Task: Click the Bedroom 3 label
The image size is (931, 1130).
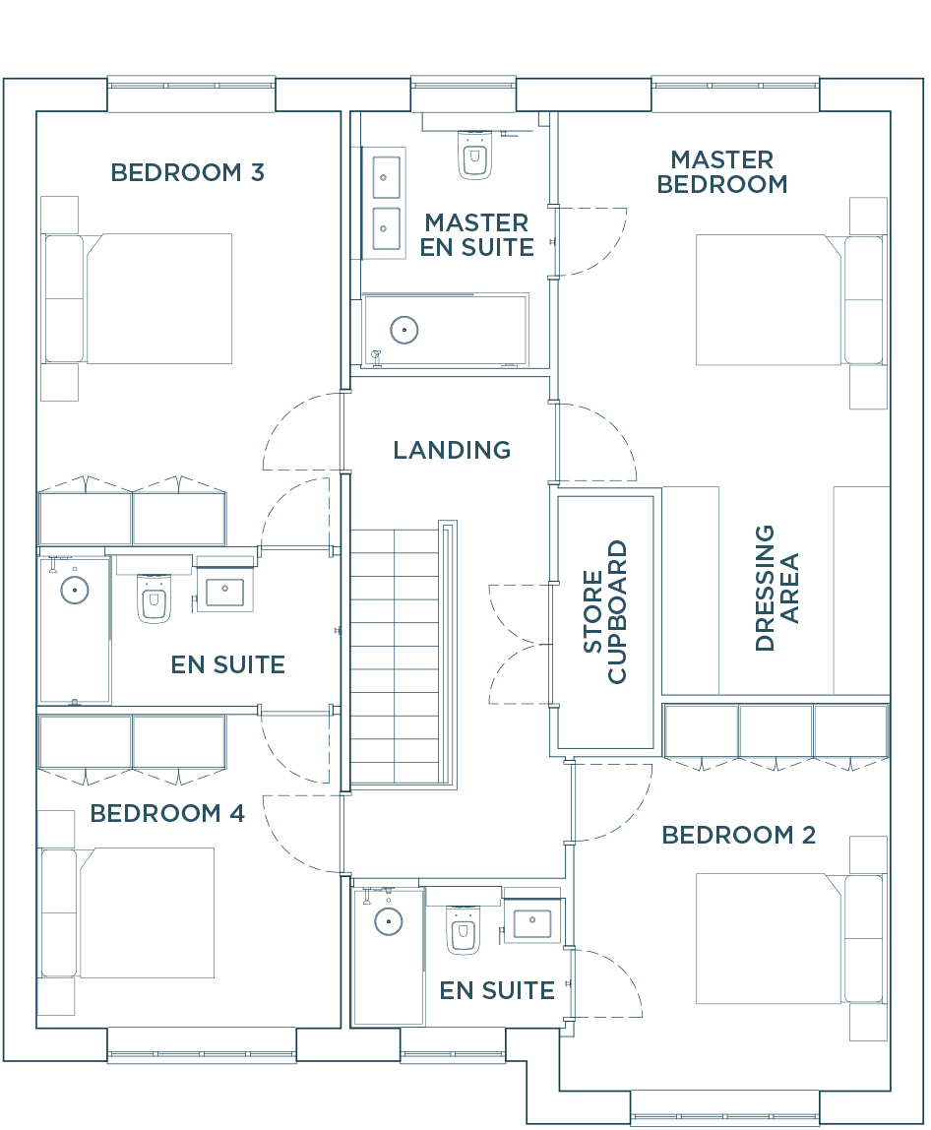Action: point(187,173)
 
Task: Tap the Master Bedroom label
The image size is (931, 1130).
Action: point(722,171)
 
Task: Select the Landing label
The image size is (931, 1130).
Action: point(452,451)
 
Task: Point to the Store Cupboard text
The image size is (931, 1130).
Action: point(604,612)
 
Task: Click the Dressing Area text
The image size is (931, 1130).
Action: point(776,588)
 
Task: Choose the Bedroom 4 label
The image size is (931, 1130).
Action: point(167,814)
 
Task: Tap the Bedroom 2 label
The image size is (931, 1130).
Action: point(739,836)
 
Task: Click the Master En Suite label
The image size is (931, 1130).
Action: point(477,235)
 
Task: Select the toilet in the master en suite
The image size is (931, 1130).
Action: point(475,155)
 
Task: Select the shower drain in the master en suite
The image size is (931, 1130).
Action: point(404,330)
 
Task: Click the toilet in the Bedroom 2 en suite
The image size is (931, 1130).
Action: point(463,929)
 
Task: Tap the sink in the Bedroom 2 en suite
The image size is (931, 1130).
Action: point(532,922)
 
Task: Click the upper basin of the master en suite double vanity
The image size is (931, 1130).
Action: point(386,177)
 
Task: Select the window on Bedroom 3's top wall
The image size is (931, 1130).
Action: point(192,86)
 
